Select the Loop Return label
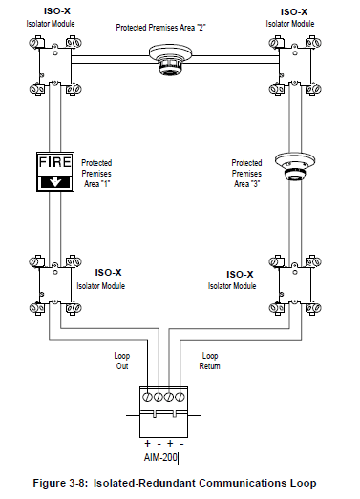pyautogui.click(x=211, y=361)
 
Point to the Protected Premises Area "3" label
pyautogui.click(x=246, y=172)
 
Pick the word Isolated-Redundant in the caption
pyautogui.click(x=143, y=485)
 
